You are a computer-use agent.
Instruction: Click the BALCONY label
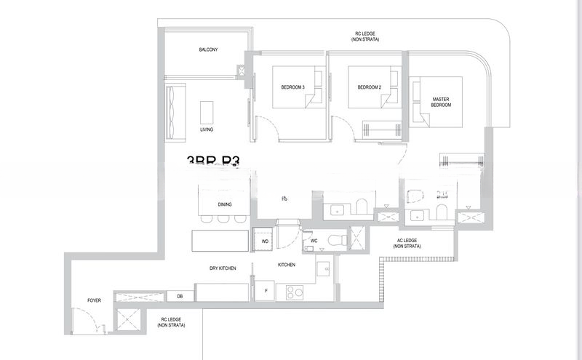(209, 50)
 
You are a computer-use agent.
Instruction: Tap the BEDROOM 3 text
(293, 87)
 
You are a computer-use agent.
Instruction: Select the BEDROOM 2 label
(369, 87)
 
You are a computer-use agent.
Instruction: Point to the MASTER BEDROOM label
(442, 102)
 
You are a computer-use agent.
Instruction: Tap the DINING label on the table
(225, 204)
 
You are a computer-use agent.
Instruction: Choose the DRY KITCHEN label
(223, 268)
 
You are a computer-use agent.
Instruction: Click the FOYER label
(95, 299)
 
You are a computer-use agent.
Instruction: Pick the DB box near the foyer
(180, 296)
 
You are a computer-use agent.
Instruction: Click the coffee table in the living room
(208, 112)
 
